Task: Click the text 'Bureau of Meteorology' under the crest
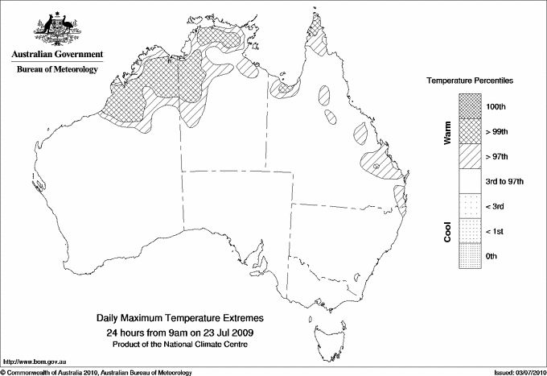57,69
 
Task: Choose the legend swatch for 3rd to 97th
468,181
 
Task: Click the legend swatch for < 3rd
468,206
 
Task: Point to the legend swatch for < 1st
468,231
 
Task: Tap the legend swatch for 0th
468,256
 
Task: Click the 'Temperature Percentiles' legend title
470,81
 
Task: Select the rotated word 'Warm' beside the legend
447,132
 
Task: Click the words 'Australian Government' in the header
57,55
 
